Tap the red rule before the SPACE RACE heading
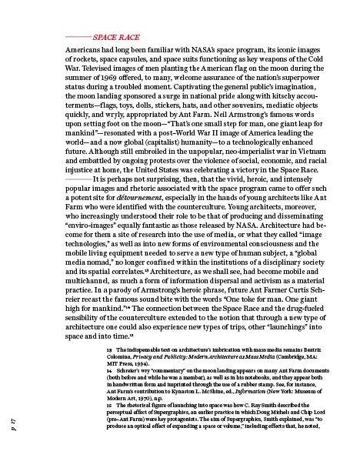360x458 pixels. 78,36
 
